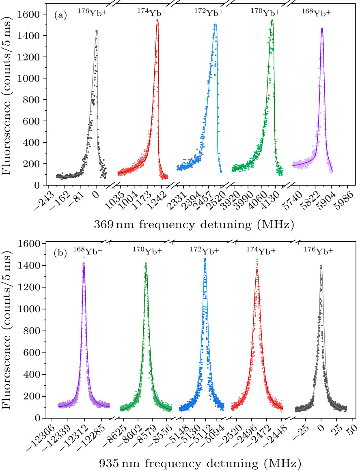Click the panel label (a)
60,15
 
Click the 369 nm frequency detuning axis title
193,223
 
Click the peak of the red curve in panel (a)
157,20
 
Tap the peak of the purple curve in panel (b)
84,266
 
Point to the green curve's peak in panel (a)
272,20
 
